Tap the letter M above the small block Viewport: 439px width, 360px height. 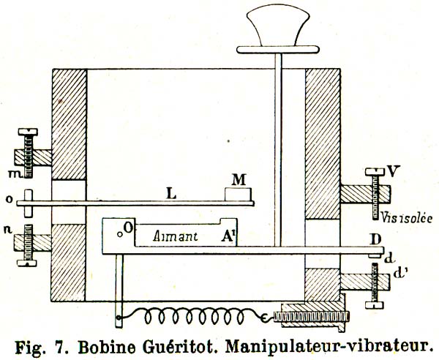[239, 180]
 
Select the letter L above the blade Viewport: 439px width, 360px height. [171, 193]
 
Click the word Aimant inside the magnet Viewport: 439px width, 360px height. [176, 237]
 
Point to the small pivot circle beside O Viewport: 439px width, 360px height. [120, 235]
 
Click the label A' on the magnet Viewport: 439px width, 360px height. [229, 236]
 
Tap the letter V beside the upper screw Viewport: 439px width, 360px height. [393, 171]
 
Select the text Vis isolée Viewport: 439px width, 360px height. [405, 218]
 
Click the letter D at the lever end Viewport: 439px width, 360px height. [375, 239]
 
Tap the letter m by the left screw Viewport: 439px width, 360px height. [12, 173]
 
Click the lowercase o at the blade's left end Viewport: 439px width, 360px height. [10, 199]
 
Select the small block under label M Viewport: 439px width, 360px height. [239, 195]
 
